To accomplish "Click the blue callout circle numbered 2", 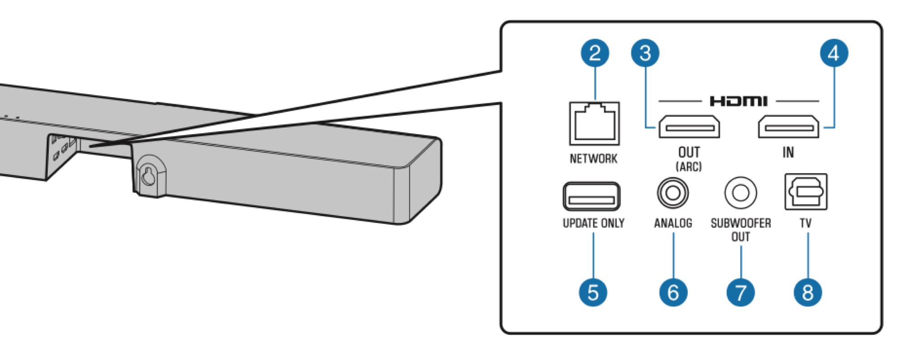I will (595, 53).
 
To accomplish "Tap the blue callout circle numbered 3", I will (645, 53).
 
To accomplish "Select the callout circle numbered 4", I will (834, 53).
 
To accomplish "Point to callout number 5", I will (593, 292).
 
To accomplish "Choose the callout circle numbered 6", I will (673, 292).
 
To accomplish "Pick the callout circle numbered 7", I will (740, 292).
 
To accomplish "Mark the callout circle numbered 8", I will (808, 292).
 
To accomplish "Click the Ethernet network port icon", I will (594, 123).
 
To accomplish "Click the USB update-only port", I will (591, 196).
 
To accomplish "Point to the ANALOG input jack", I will (673, 193).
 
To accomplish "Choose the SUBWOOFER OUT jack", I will (740, 193).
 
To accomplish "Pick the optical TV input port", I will (806, 192).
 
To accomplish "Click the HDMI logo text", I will (738, 101).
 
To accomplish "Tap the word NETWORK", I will (593, 159).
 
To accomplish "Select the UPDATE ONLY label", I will (593, 223).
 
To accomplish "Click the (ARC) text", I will (689, 166).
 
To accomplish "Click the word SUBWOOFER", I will (741, 223).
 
